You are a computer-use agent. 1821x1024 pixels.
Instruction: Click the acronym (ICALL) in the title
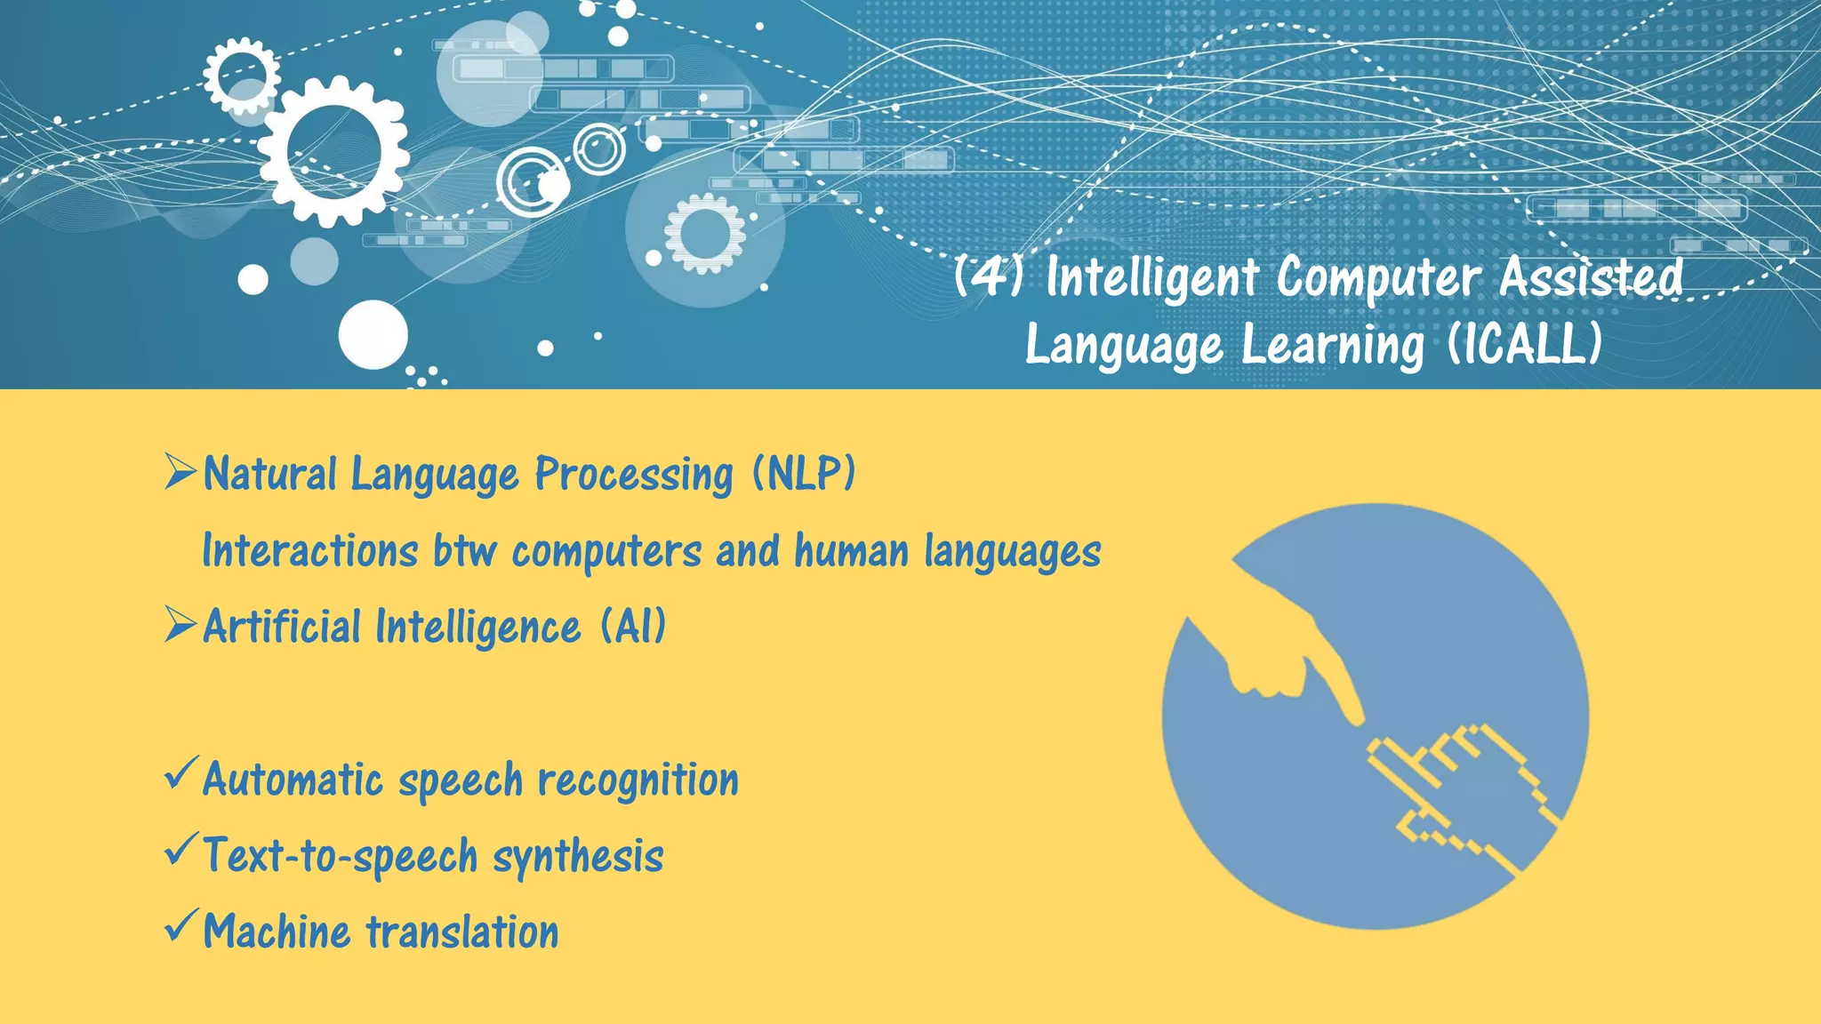[x=1524, y=344]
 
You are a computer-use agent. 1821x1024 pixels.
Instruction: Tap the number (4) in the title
[x=988, y=276]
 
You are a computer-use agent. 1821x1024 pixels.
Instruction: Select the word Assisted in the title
[x=1591, y=276]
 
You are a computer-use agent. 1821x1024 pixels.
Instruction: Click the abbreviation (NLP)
[x=803, y=473]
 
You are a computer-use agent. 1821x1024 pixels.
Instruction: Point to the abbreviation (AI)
[x=632, y=626]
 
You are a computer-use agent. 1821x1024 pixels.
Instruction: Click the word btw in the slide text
[x=464, y=550]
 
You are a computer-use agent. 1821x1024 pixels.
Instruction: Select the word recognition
[x=638, y=780]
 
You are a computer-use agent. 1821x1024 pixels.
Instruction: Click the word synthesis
[x=578, y=857]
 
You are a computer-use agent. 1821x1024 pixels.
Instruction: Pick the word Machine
[x=277, y=932]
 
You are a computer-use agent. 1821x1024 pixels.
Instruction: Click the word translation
[x=463, y=932]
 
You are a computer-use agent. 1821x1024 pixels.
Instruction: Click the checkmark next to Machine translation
[x=179, y=926]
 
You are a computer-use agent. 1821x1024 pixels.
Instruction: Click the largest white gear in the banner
[x=333, y=151]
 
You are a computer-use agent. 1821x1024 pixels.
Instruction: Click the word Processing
[x=633, y=473]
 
